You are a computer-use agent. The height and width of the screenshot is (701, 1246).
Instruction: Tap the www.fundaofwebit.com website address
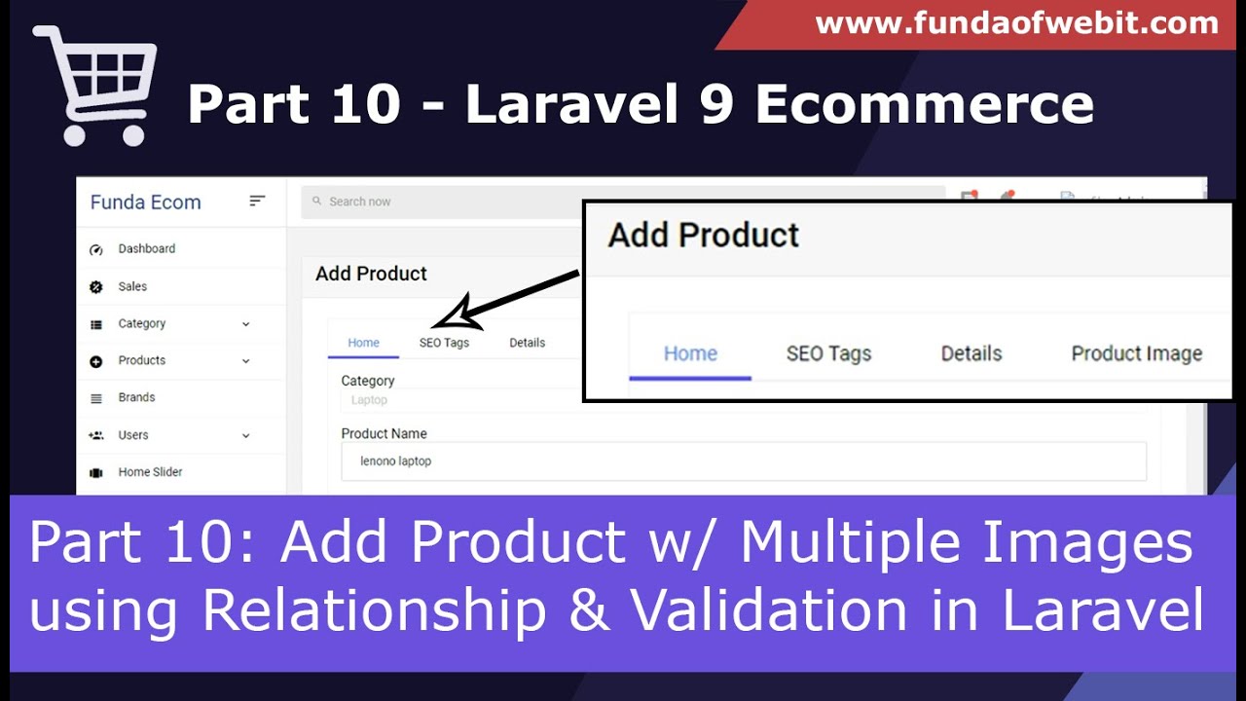[1017, 23]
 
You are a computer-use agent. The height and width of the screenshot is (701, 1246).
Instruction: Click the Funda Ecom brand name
[146, 202]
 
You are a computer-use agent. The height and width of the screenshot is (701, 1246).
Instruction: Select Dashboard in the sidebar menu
[146, 248]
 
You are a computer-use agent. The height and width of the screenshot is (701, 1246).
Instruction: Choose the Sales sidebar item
[132, 286]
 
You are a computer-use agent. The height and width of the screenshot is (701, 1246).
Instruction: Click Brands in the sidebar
[136, 397]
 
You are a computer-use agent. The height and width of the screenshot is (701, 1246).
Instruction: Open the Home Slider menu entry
[150, 472]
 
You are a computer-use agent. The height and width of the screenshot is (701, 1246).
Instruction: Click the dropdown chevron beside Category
[246, 324]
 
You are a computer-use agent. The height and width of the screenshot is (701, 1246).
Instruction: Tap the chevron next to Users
[246, 435]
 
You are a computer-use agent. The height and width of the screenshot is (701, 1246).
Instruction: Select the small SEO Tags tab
[444, 343]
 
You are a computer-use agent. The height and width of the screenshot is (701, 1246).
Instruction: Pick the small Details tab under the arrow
[527, 343]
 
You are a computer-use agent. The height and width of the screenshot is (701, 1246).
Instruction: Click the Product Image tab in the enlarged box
[1136, 353]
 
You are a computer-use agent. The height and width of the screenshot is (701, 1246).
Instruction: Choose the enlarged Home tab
[690, 353]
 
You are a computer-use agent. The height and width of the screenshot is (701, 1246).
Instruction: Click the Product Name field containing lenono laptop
[744, 461]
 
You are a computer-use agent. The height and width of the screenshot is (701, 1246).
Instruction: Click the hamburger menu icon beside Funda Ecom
[256, 201]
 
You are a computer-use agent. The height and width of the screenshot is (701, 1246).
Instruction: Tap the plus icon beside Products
[95, 361]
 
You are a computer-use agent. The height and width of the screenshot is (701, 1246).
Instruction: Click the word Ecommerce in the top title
[924, 104]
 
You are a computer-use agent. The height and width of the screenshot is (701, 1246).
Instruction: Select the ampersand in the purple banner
[589, 609]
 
